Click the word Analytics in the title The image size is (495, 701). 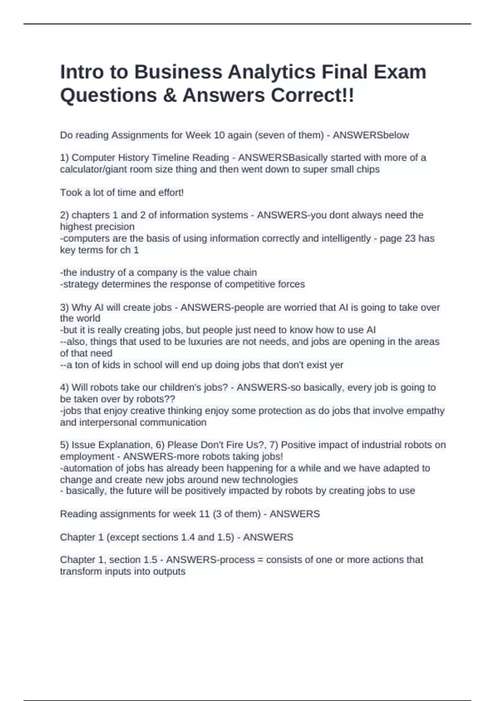(x=271, y=72)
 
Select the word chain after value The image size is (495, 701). (x=245, y=273)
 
